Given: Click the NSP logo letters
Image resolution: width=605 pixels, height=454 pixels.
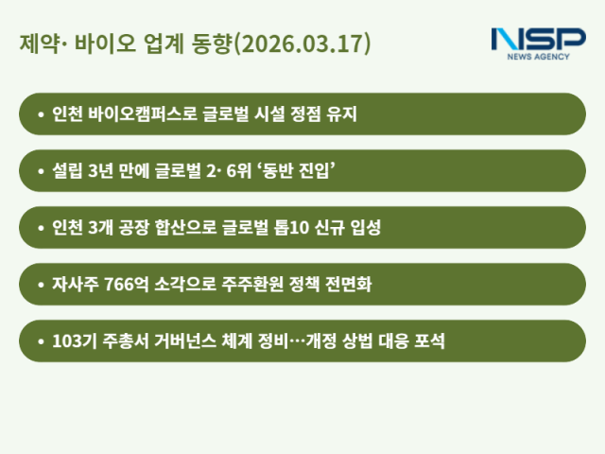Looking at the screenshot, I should (538, 40).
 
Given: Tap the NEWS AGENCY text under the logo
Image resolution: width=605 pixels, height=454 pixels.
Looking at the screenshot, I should (539, 57).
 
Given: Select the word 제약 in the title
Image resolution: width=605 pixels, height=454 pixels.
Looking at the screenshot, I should (36, 44).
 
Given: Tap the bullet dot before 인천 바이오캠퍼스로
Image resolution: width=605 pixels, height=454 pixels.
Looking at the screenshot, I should (40, 114).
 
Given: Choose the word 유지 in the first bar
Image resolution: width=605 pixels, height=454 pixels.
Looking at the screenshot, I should (340, 114).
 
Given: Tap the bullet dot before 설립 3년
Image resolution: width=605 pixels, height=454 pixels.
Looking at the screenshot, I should (40, 171).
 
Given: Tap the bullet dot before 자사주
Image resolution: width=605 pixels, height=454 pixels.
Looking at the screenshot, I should (40, 284).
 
